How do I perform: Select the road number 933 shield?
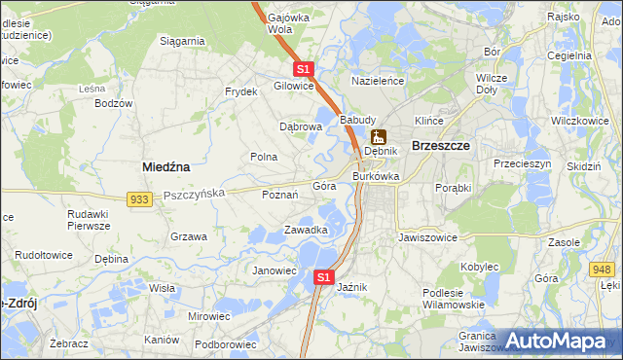(139, 198)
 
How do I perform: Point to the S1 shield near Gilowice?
(304, 69)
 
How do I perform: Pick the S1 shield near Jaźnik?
(325, 278)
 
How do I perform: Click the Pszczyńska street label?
(195, 194)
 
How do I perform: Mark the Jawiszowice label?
(427, 236)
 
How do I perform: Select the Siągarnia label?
(182, 41)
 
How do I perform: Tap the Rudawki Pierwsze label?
(89, 219)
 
